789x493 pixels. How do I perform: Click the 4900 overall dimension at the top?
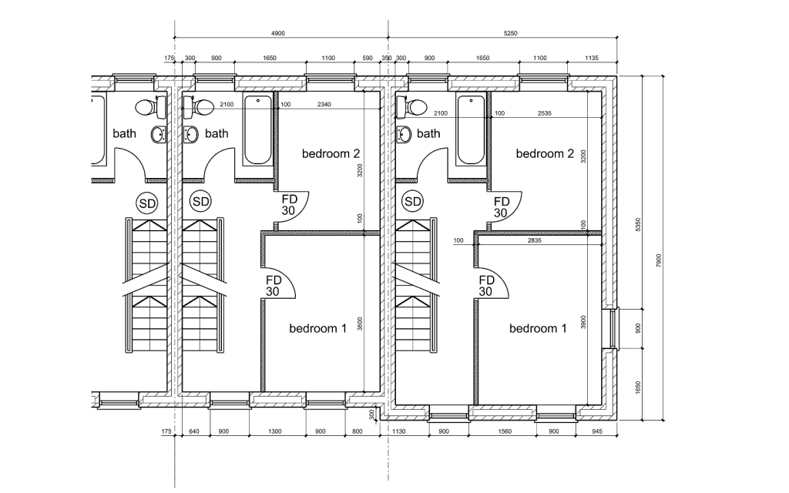click(x=278, y=33)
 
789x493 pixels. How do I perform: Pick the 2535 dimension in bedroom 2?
click(x=548, y=113)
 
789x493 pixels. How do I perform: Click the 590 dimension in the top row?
click(x=367, y=58)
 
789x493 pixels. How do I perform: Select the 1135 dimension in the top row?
click(x=593, y=58)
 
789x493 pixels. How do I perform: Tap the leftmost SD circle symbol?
click(x=146, y=203)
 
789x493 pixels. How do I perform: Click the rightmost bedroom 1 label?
click(x=538, y=329)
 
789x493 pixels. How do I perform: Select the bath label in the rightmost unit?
click(x=428, y=133)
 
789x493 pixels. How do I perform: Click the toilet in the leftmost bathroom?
click(x=146, y=106)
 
